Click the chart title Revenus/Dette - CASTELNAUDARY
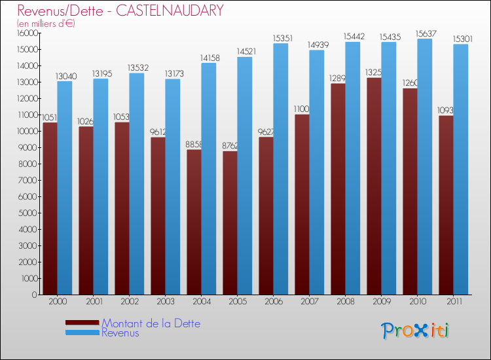click(120, 10)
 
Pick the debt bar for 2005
click(230, 223)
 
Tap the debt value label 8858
click(194, 144)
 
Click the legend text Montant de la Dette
click(151, 323)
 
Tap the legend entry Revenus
click(120, 333)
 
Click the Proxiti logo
click(415, 331)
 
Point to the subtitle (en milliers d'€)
click(46, 24)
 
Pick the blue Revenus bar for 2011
click(460, 170)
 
